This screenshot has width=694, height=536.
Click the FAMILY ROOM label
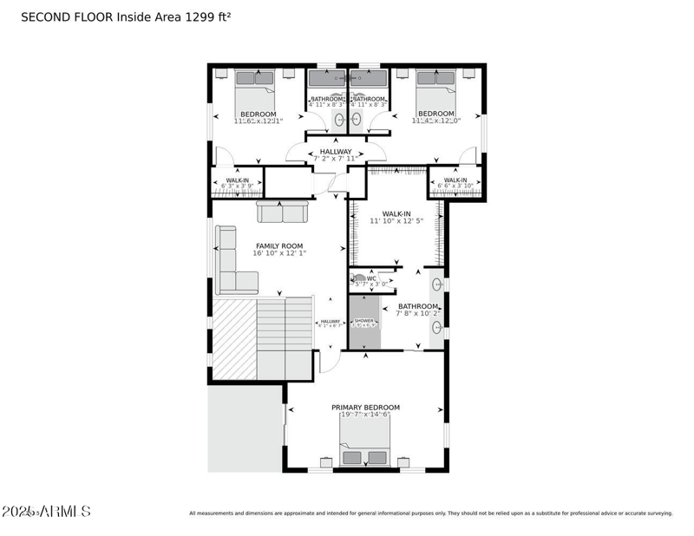(279, 245)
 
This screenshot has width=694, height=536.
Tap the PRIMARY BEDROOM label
(365, 407)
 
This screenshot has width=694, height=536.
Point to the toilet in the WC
(358, 279)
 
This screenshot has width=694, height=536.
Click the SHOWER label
(363, 321)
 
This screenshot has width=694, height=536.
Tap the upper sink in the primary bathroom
(437, 284)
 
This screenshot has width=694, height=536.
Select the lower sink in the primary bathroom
(437, 328)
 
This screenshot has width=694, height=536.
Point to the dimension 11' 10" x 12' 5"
(396, 221)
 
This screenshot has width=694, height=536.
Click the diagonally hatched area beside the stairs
(234, 338)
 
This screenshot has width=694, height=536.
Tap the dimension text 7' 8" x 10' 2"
(418, 314)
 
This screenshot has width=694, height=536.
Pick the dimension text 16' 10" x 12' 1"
(279, 254)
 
